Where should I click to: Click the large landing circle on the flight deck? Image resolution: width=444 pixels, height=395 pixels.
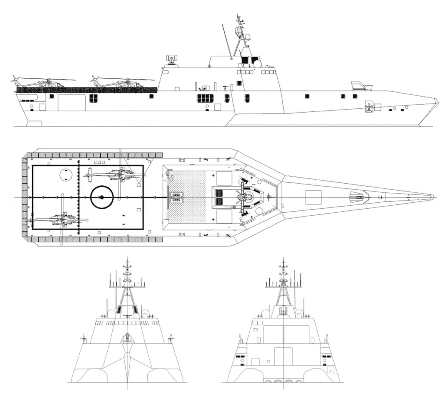(101, 197)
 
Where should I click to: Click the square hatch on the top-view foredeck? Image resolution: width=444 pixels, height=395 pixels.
(313, 197)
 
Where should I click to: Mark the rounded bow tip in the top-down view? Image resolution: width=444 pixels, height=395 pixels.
(431, 197)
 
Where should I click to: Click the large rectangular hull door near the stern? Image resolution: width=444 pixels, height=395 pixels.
(72, 102)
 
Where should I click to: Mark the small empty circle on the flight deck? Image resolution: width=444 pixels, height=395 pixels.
(65, 173)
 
